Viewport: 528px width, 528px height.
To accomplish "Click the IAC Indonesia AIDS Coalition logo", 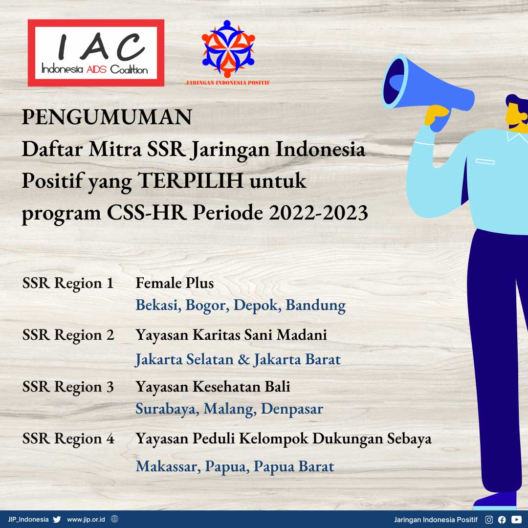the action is (96, 53).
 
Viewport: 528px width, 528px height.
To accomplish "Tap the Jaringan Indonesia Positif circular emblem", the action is (228, 48).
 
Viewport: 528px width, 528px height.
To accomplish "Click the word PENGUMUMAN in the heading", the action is (107, 117).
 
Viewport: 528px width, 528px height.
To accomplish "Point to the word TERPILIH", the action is (191, 180).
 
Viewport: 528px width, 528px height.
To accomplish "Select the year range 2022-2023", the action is (318, 213).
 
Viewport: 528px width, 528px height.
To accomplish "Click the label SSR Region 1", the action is (67, 283).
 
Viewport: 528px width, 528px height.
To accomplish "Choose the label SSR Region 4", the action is (68, 439).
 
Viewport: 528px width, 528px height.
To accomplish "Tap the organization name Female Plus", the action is (175, 283).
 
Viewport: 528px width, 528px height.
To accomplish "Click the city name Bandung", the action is (315, 305).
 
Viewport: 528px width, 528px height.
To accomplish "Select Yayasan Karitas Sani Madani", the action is (231, 335).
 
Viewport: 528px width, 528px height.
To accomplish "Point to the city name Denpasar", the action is (292, 409).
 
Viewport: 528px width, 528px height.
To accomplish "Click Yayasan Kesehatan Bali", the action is (213, 387).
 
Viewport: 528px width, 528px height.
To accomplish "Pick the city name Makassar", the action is (168, 466).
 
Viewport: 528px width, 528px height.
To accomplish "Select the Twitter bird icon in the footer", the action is (57, 519).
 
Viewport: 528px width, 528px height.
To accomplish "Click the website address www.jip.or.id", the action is (86, 520).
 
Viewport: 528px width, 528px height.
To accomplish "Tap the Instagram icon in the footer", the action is (489, 520).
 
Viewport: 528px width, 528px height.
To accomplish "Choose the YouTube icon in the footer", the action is (516, 520).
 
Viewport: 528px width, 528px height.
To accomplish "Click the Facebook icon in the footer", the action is (502, 520).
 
